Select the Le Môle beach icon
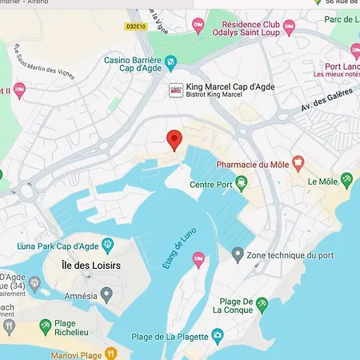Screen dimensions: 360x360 pos(346,180)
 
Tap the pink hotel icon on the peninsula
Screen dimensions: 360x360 pos(198,258)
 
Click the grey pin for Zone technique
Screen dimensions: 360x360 pos(238,254)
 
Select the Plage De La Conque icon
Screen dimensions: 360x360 pos(262,304)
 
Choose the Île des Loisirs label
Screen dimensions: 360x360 pos(86,262)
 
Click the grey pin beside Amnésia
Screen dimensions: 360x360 pos(106,295)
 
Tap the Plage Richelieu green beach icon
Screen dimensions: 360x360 pos(46,325)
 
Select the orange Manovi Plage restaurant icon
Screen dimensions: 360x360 pos(110,352)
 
